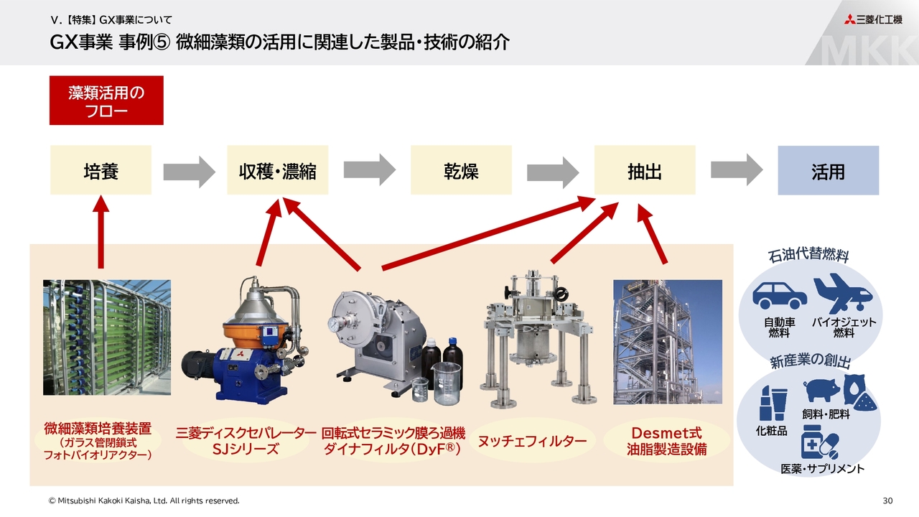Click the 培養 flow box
point(101,170)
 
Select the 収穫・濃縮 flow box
point(278,170)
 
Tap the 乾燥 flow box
point(461,170)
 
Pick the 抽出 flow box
point(645,170)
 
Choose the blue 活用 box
point(828,170)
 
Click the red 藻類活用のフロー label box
point(106,101)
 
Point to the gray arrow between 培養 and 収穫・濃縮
point(189,170)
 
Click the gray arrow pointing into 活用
point(737,170)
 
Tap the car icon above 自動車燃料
point(779,295)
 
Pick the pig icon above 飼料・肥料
point(821,391)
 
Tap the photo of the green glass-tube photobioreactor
point(107,337)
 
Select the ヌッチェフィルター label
point(532,441)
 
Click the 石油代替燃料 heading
point(808,256)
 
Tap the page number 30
point(887,500)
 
